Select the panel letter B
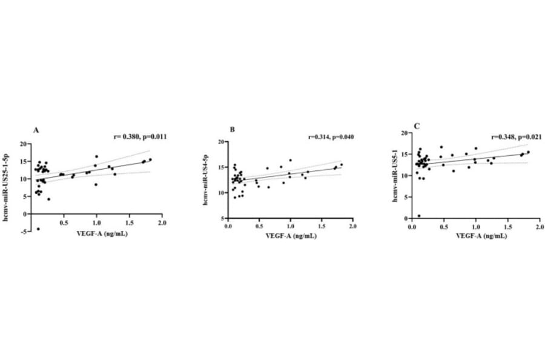click(x=231, y=130)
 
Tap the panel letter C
click(x=417, y=125)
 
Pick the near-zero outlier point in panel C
click(x=419, y=216)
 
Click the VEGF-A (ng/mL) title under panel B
click(x=290, y=236)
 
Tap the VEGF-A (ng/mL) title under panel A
click(x=96, y=241)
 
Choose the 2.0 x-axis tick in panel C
click(x=538, y=227)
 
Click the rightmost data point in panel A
click(x=150, y=159)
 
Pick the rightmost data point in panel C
click(x=528, y=152)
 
